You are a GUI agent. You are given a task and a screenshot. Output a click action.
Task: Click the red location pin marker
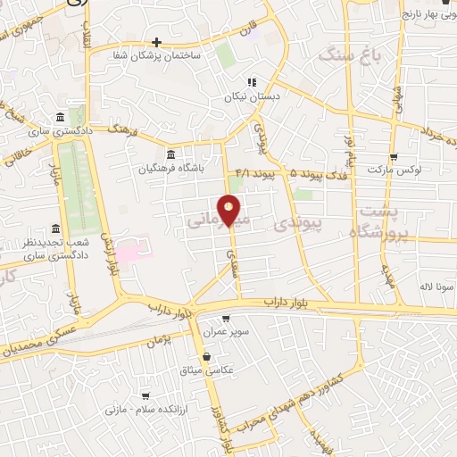click(229, 211)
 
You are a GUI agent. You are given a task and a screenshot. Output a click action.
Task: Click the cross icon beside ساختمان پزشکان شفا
click(156, 42)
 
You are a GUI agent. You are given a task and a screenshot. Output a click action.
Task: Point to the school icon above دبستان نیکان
click(253, 83)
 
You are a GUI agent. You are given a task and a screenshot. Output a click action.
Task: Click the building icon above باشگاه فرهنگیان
click(170, 153)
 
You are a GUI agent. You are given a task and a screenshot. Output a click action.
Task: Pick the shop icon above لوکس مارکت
click(394, 156)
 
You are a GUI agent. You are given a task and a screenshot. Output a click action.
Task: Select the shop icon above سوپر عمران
click(225, 319)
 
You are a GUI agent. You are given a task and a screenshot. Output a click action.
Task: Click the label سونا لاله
click(441, 287)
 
